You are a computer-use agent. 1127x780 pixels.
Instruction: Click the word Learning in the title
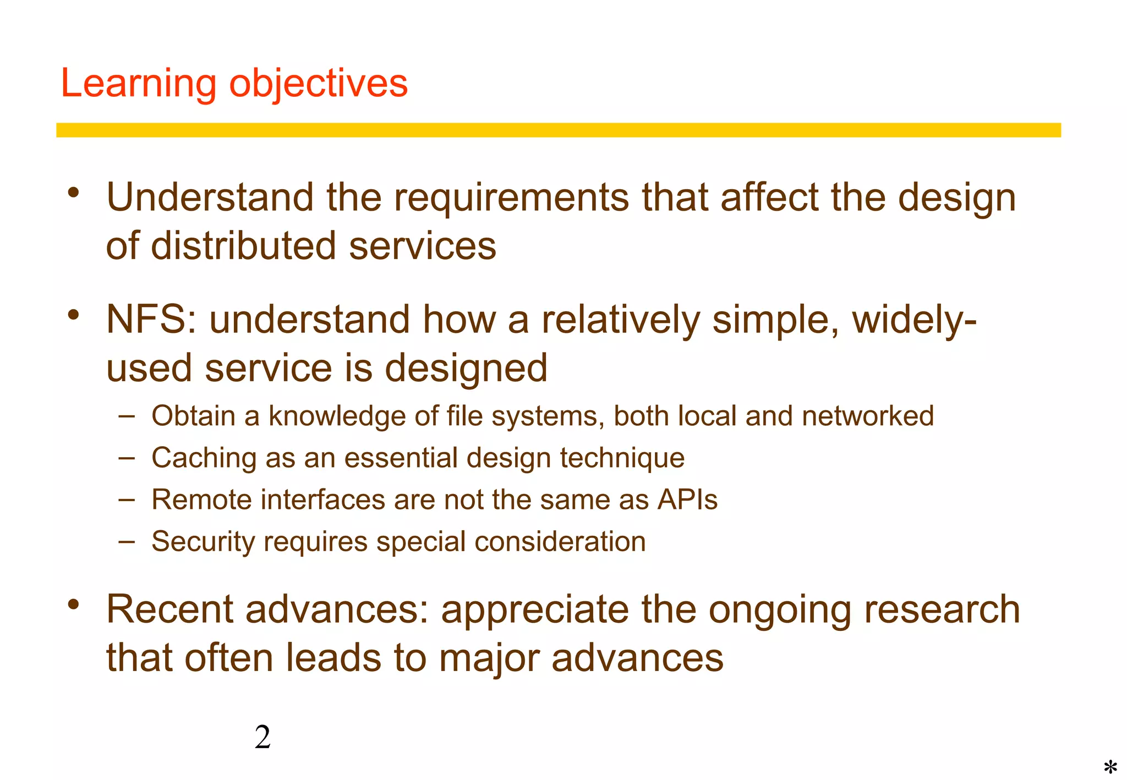pos(138,84)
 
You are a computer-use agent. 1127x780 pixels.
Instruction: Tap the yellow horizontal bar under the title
pos(558,130)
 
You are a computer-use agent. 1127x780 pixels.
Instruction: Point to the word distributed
pos(243,246)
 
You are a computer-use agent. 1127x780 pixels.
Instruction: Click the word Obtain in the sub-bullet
pos(193,416)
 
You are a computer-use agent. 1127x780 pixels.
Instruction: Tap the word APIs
pos(687,500)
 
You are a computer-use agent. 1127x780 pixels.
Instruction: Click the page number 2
pos(262,738)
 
